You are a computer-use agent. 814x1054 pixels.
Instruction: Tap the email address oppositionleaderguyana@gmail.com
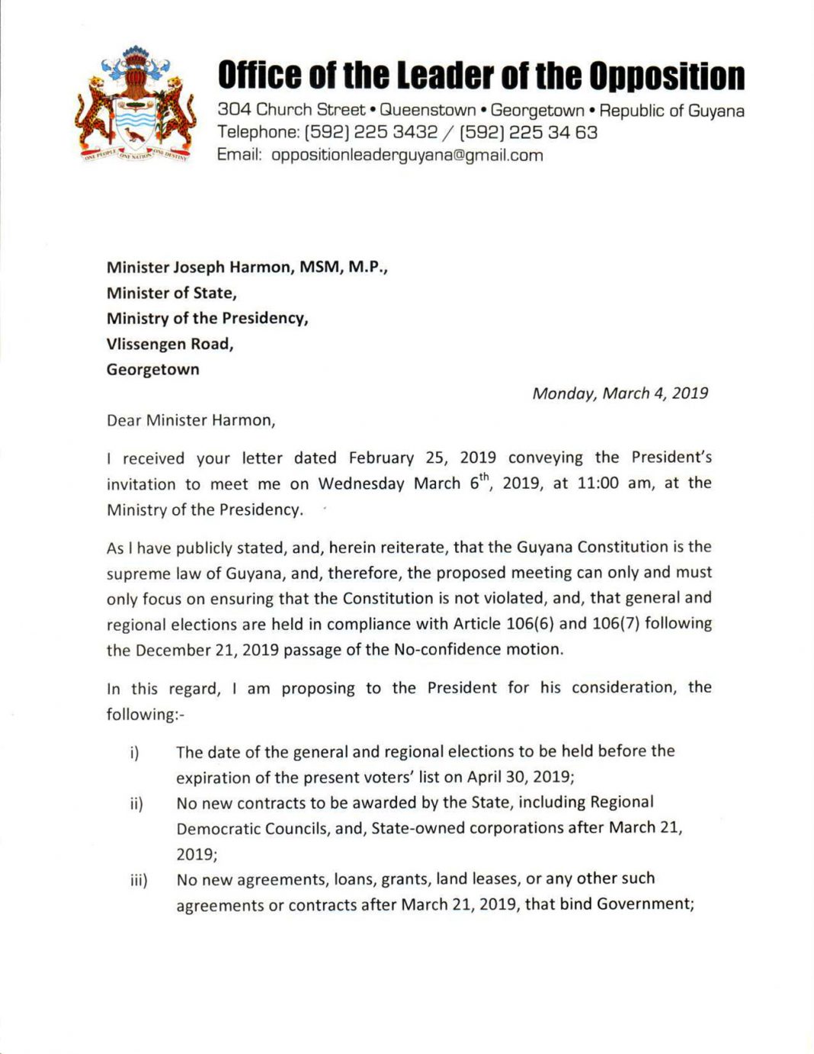pyautogui.click(x=407, y=156)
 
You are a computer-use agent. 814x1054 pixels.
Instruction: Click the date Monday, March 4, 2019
pyautogui.click(x=620, y=394)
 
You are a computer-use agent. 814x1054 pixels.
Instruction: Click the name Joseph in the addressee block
pyautogui.click(x=199, y=268)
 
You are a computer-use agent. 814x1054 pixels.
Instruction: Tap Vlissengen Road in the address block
pyautogui.click(x=169, y=344)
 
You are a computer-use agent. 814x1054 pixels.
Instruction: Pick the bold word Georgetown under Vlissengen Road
pyautogui.click(x=152, y=370)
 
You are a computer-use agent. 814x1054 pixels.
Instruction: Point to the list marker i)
pyautogui.click(x=134, y=754)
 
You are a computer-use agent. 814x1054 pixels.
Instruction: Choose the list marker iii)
pyautogui.click(x=139, y=881)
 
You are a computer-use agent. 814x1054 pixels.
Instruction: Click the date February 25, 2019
pyautogui.click(x=422, y=458)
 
